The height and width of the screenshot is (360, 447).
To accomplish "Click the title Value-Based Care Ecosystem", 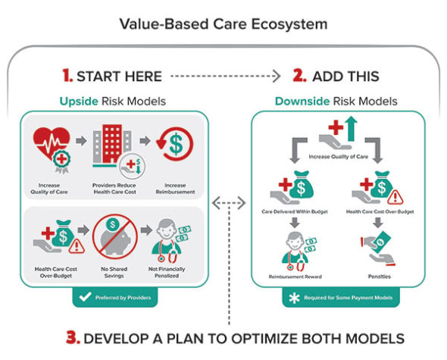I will (x=223, y=23).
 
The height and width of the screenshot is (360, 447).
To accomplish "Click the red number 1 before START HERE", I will (x=67, y=76).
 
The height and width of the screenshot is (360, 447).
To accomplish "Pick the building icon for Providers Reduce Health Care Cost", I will (x=112, y=149).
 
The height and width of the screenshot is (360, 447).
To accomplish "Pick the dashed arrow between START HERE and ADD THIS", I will (x=223, y=76).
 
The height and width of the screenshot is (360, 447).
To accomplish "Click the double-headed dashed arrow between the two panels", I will (x=228, y=202).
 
